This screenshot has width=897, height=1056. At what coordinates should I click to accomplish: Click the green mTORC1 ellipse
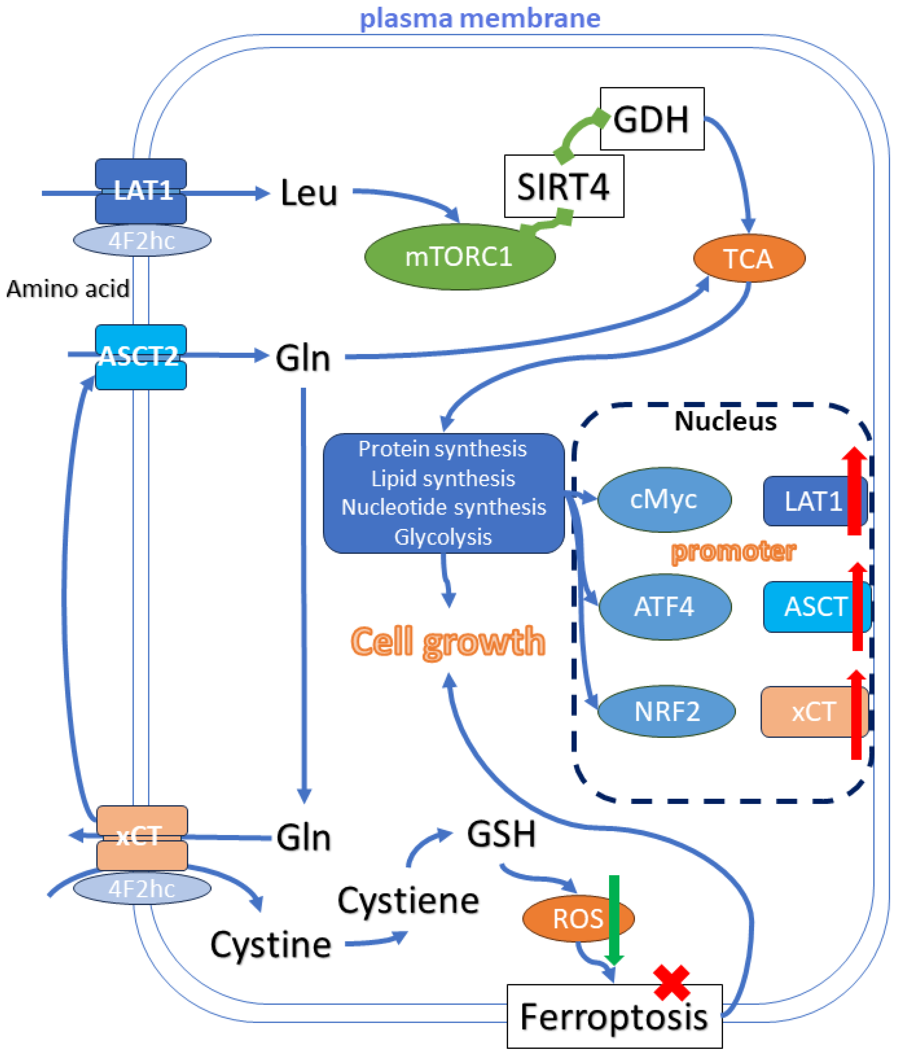pos(459,257)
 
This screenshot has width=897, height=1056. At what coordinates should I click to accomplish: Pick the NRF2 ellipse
pos(666,711)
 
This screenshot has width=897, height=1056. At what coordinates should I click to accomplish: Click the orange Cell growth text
pos(447,642)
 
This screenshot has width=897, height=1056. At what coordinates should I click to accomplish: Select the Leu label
pos(309,193)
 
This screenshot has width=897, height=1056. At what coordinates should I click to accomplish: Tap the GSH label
pos(501,835)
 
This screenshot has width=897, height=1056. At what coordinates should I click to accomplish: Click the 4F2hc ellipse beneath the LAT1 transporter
pos(142,240)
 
